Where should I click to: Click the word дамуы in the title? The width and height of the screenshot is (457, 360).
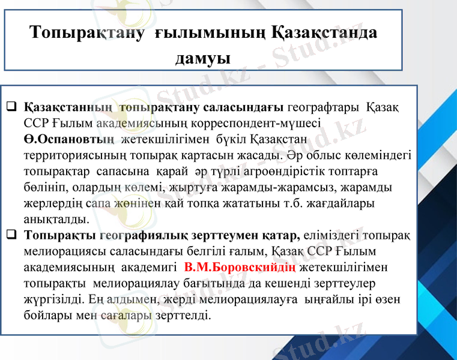click(x=203, y=58)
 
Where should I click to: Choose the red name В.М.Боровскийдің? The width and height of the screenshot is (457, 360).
click(x=240, y=266)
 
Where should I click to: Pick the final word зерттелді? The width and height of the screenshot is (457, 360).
click(x=186, y=314)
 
